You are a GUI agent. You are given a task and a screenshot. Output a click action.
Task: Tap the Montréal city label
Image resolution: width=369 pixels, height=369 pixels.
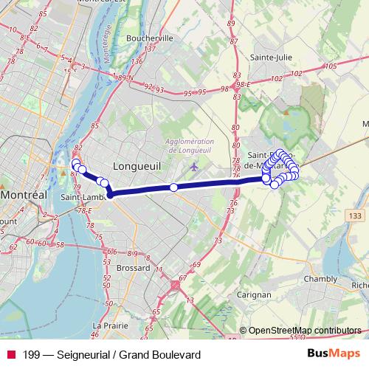[x=24, y=195]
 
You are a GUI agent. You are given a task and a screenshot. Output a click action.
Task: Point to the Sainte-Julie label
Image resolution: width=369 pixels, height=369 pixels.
[x=269, y=55]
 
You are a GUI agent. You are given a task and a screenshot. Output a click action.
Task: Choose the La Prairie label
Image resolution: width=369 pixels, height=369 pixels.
[x=106, y=325]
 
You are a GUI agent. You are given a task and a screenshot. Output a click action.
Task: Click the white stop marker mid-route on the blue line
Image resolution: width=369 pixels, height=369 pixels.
[x=173, y=188]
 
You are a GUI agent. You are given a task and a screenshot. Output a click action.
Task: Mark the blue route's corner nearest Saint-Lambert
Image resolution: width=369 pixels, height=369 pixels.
[x=110, y=195]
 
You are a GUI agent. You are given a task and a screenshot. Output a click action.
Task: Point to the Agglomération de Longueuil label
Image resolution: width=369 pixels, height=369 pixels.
[x=190, y=146]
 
